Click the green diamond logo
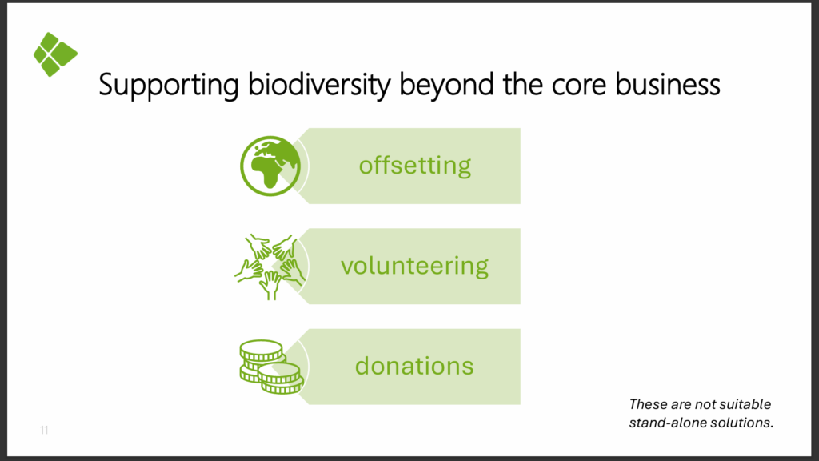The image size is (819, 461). (x=55, y=54)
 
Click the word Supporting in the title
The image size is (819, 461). (x=169, y=85)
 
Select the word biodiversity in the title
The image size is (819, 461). (x=319, y=85)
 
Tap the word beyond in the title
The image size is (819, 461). (x=446, y=85)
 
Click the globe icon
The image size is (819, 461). (x=270, y=166)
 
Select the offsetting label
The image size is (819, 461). (x=415, y=165)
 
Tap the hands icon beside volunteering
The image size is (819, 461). (x=270, y=267)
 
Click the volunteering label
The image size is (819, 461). (x=415, y=266)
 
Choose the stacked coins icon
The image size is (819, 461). (x=271, y=367)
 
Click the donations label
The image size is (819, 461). (x=414, y=366)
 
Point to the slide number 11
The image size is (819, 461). (x=44, y=430)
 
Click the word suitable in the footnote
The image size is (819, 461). (x=745, y=404)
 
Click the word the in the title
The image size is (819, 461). (x=523, y=84)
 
